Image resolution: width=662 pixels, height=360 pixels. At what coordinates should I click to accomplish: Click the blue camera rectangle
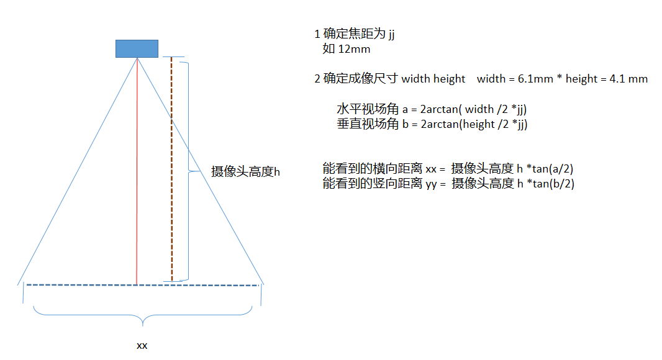pyautogui.click(x=137, y=48)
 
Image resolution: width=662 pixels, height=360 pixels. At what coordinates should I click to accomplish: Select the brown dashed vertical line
pyautogui.click(x=172, y=168)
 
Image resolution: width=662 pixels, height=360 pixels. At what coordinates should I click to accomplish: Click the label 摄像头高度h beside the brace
pyautogui.click(x=245, y=172)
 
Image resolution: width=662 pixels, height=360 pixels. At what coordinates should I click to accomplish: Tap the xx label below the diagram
pyautogui.click(x=142, y=345)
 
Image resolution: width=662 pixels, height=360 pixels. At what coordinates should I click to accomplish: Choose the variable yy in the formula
pyautogui.click(x=432, y=184)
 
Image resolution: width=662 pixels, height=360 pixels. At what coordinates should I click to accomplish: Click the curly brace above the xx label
pyautogui.click(x=143, y=317)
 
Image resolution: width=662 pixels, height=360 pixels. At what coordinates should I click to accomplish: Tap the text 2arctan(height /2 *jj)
pyautogui.click(x=465, y=124)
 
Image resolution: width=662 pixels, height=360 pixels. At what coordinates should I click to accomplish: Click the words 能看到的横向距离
pyautogui.click(x=373, y=168)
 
